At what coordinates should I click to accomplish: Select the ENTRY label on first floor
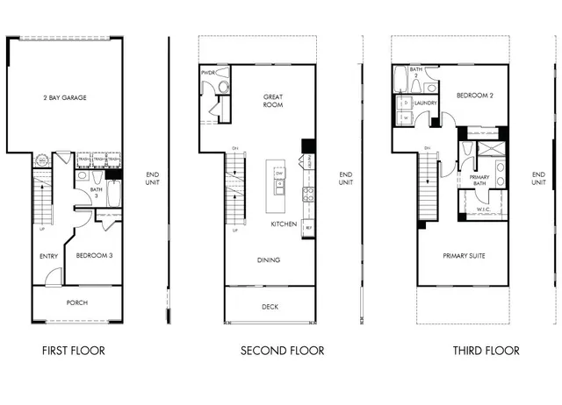point(49,256)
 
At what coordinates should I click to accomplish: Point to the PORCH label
point(77,303)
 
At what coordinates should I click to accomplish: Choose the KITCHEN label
point(283,224)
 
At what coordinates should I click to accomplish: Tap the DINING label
point(269,260)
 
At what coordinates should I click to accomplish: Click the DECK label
point(270,307)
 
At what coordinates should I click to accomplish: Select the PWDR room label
point(208,73)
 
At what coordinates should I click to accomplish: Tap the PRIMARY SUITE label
point(463,256)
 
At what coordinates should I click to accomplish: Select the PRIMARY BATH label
point(479,180)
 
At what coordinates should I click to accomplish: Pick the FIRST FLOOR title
point(74,351)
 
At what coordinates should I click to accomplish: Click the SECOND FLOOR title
point(283,351)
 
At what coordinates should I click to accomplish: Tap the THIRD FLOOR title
point(486,351)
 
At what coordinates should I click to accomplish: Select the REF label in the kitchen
point(308,226)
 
